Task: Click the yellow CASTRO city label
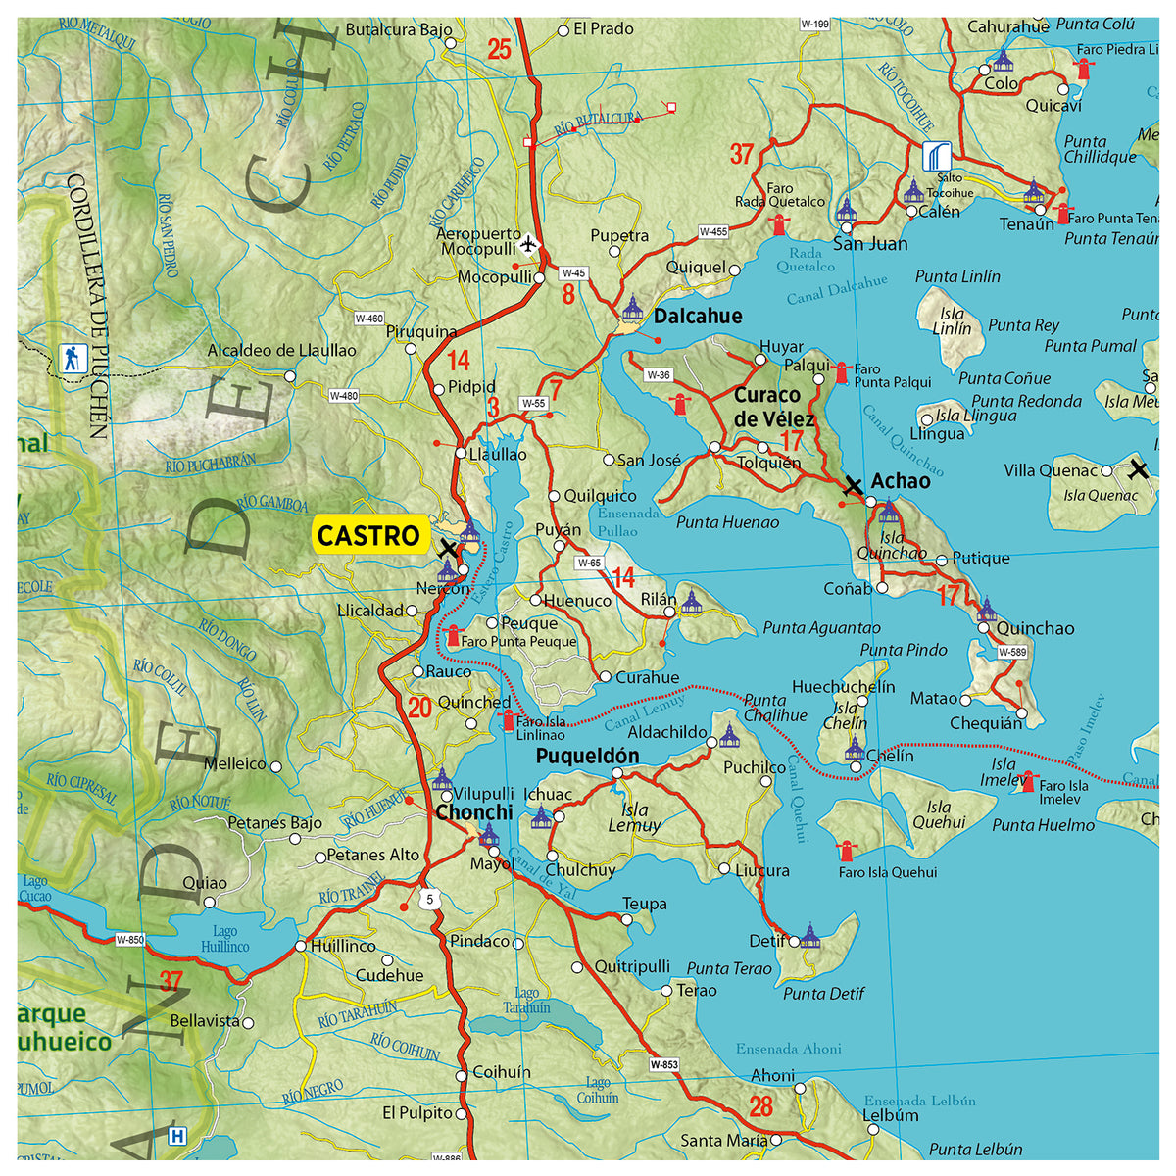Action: [368, 535]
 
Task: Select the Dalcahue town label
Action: [698, 316]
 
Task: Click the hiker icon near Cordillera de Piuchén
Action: [72, 358]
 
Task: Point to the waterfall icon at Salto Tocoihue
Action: [936, 156]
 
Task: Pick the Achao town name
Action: [901, 480]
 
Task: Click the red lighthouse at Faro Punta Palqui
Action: [841, 372]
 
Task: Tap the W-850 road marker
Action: [129, 940]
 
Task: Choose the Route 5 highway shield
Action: [428, 899]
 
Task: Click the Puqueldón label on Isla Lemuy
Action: [587, 756]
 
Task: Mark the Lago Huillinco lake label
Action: [224, 940]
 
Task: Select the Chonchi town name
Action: [474, 812]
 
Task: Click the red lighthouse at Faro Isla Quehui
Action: [847, 851]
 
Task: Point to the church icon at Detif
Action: [809, 935]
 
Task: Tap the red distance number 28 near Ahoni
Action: [761, 1106]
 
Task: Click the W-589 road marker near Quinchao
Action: [1012, 652]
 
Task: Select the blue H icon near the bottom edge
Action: [176, 1137]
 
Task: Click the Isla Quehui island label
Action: [938, 815]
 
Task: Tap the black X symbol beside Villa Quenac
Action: [1138, 469]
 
